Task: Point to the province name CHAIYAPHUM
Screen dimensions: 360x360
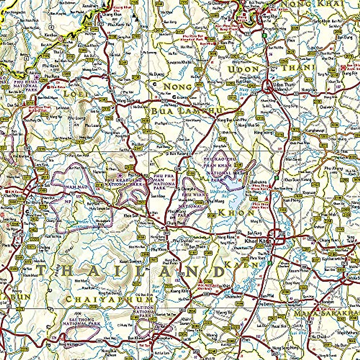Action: (109, 299)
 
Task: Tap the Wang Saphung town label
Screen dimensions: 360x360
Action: (125, 100)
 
